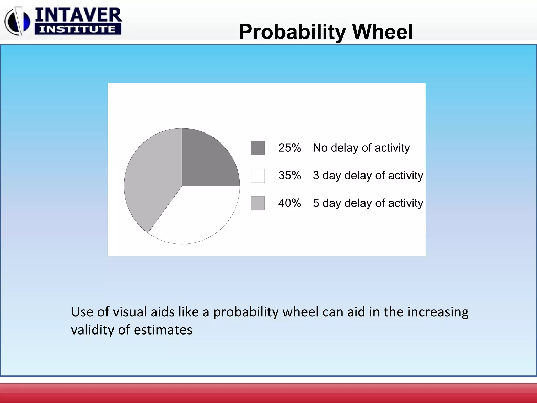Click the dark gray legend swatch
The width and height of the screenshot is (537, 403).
pyautogui.click(x=257, y=148)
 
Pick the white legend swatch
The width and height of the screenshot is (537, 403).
pyautogui.click(x=257, y=176)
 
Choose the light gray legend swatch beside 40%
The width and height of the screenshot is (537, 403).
pyautogui.click(x=257, y=203)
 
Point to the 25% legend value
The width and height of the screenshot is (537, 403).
pyautogui.click(x=289, y=148)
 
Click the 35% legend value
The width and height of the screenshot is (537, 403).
pyautogui.click(x=289, y=176)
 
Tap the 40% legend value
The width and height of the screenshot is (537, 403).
pyautogui.click(x=289, y=203)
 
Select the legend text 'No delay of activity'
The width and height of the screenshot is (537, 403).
pyautogui.click(x=361, y=148)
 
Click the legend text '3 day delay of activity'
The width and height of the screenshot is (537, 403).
pyautogui.click(x=368, y=176)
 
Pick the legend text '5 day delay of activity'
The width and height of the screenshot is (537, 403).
pyautogui.click(x=368, y=203)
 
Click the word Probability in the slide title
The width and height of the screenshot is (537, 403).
pyautogui.click(x=292, y=32)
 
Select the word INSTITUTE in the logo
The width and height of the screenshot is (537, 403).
pyautogui.click(x=78, y=29)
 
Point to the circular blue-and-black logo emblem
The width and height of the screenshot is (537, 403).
pyautogui.click(x=17, y=22)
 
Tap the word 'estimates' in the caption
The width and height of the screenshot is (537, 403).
pyautogui.click(x=163, y=330)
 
